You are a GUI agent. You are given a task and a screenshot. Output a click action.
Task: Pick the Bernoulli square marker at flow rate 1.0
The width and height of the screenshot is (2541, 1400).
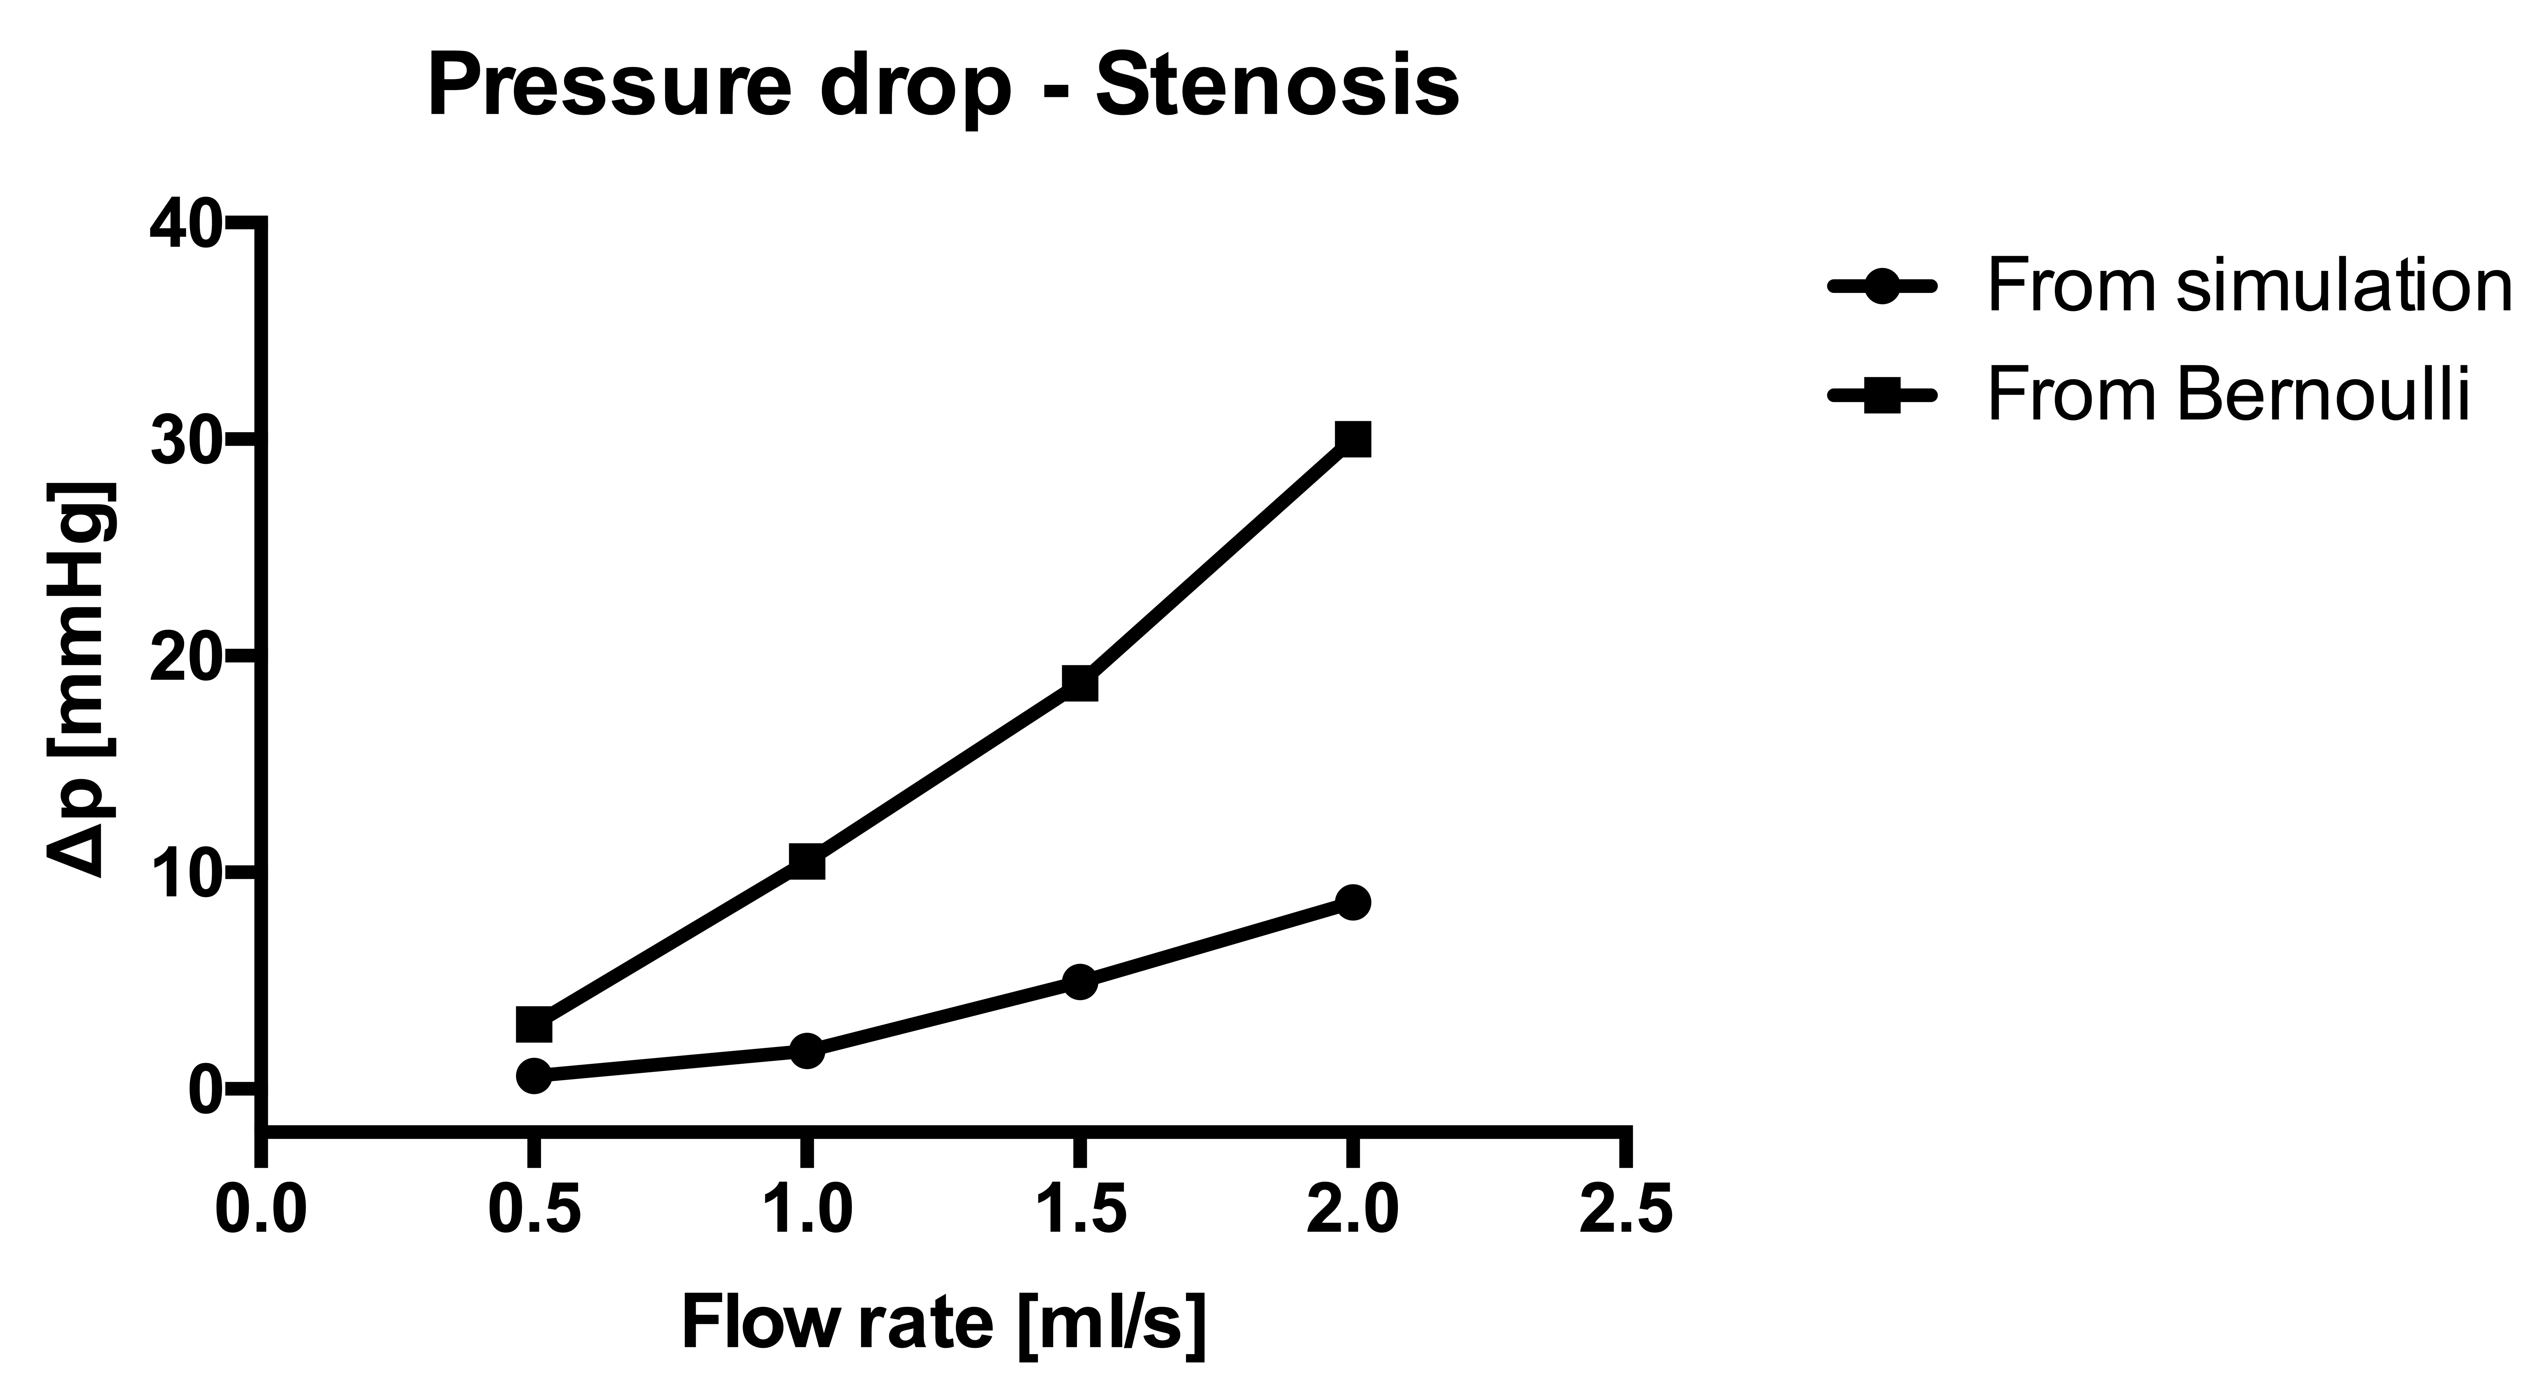[x=807, y=861]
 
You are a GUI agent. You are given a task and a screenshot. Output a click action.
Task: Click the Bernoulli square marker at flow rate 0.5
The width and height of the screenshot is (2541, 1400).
[x=534, y=1025]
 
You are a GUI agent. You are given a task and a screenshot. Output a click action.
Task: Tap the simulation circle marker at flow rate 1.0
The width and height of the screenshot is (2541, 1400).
[x=807, y=1051]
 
